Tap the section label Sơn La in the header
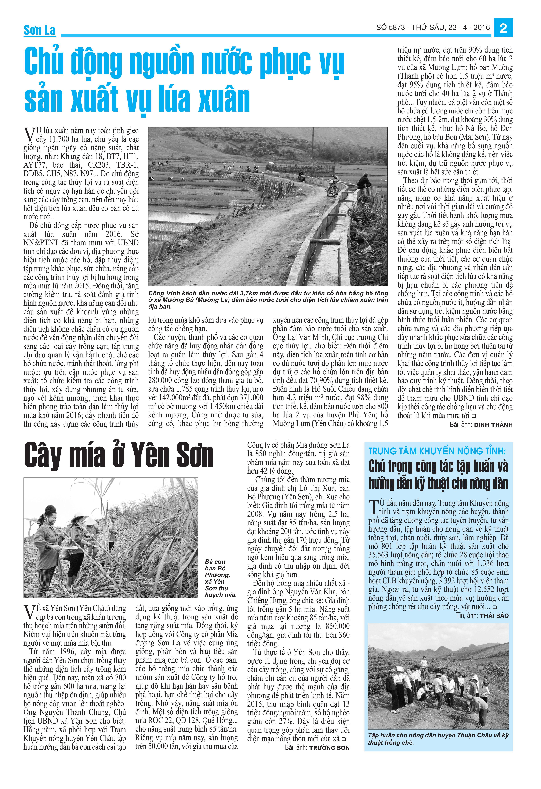[x=39, y=30]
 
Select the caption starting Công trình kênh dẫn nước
[x=268, y=299]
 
